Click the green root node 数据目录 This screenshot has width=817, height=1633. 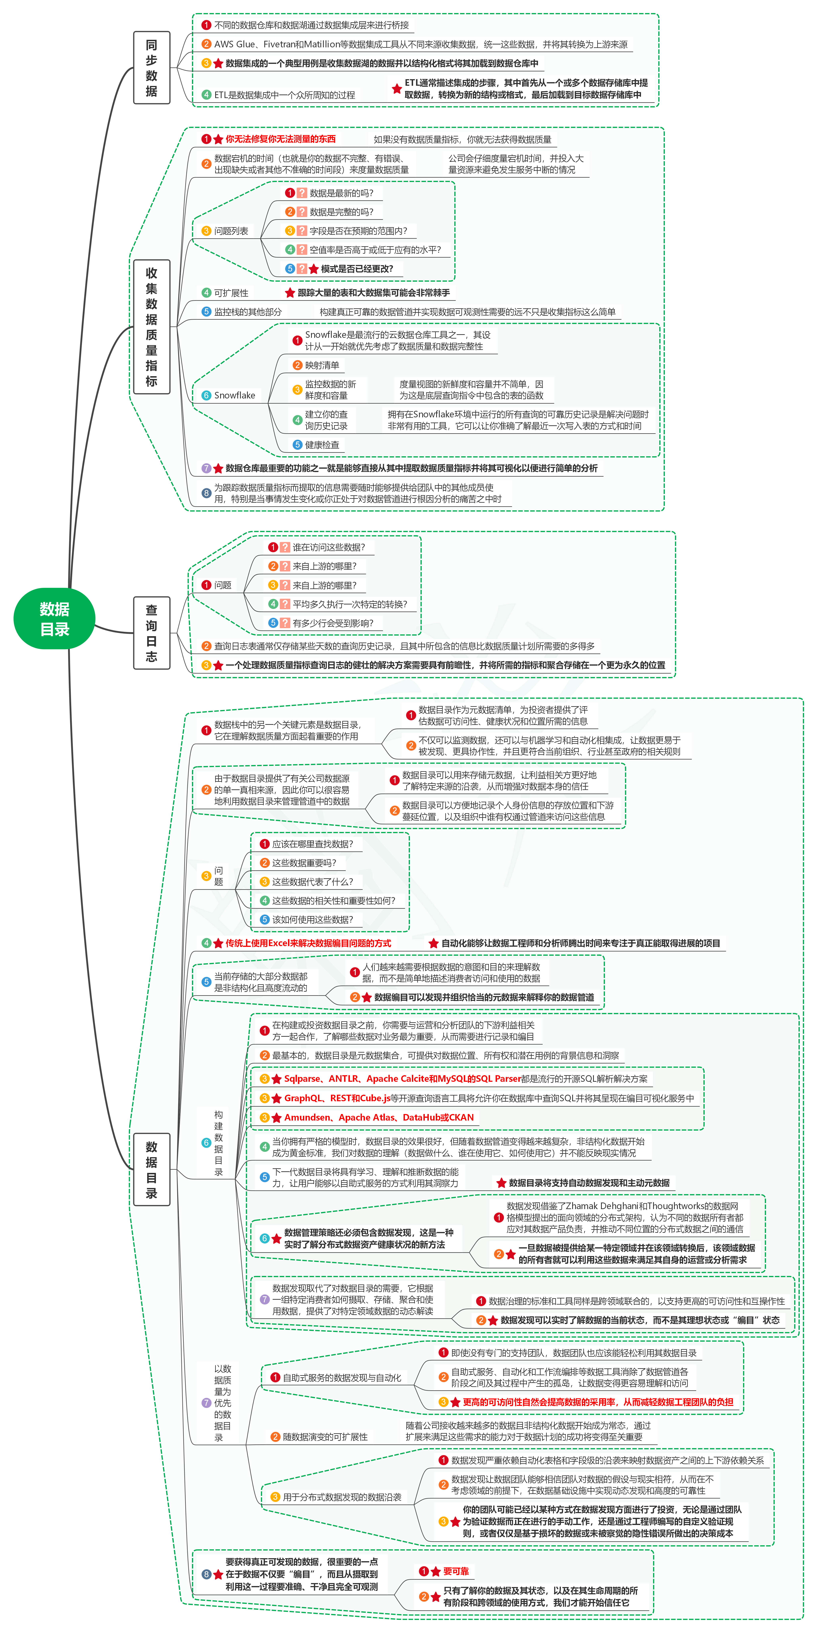pyautogui.click(x=54, y=619)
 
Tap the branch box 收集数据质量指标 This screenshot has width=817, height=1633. pyautogui.click(x=152, y=326)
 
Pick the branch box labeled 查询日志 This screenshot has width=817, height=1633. pyautogui.click(x=152, y=633)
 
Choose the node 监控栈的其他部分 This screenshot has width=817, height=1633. pyautogui.click(x=247, y=312)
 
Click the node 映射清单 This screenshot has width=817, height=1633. pyautogui.click(x=322, y=365)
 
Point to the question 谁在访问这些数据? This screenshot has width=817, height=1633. pyautogui.click(x=328, y=547)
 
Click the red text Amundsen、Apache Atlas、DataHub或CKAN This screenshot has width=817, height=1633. pyautogui.click(x=378, y=1117)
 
